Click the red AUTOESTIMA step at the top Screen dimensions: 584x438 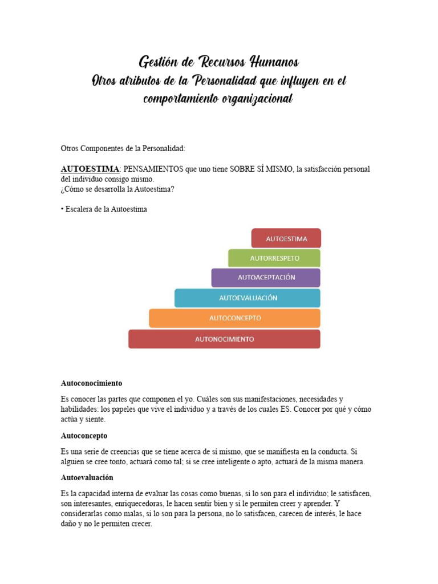click(286, 238)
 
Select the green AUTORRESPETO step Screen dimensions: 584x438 click(274, 258)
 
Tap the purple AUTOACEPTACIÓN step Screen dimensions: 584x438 click(266, 278)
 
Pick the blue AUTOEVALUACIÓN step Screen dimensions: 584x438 click(248, 298)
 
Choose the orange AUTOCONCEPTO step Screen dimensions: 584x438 click(235, 318)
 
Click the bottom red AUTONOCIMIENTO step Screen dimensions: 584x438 click(224, 339)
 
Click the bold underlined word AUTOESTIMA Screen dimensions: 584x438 click(90, 169)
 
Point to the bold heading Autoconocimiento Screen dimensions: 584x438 click(91, 383)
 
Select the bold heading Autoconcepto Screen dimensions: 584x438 click(84, 435)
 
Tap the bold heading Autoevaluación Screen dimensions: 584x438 click(87, 477)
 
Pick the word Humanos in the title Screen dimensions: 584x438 click(270, 62)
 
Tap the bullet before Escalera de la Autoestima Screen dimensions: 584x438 click(62, 209)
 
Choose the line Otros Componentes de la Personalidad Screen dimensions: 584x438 click(123, 148)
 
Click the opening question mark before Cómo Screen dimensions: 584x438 click(63, 190)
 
